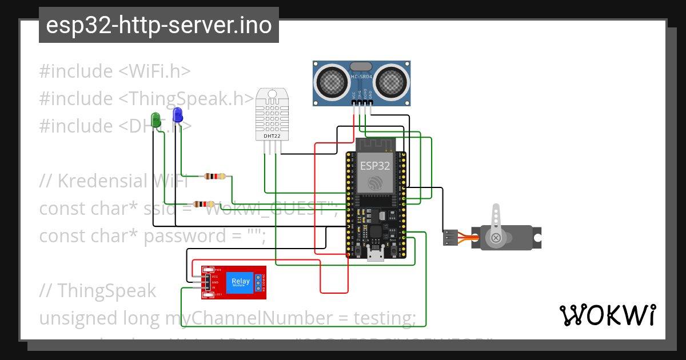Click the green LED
(x=155, y=119)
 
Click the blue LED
(x=177, y=114)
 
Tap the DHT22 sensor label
(x=272, y=136)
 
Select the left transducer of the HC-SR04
(x=331, y=81)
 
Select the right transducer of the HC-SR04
(x=393, y=81)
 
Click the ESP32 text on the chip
(x=375, y=166)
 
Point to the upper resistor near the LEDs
(x=216, y=177)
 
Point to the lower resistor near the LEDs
(x=204, y=204)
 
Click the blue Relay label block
(x=240, y=282)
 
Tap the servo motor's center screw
(x=496, y=238)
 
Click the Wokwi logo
(x=607, y=315)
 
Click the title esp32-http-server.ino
(x=159, y=26)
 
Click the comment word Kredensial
(x=100, y=181)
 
